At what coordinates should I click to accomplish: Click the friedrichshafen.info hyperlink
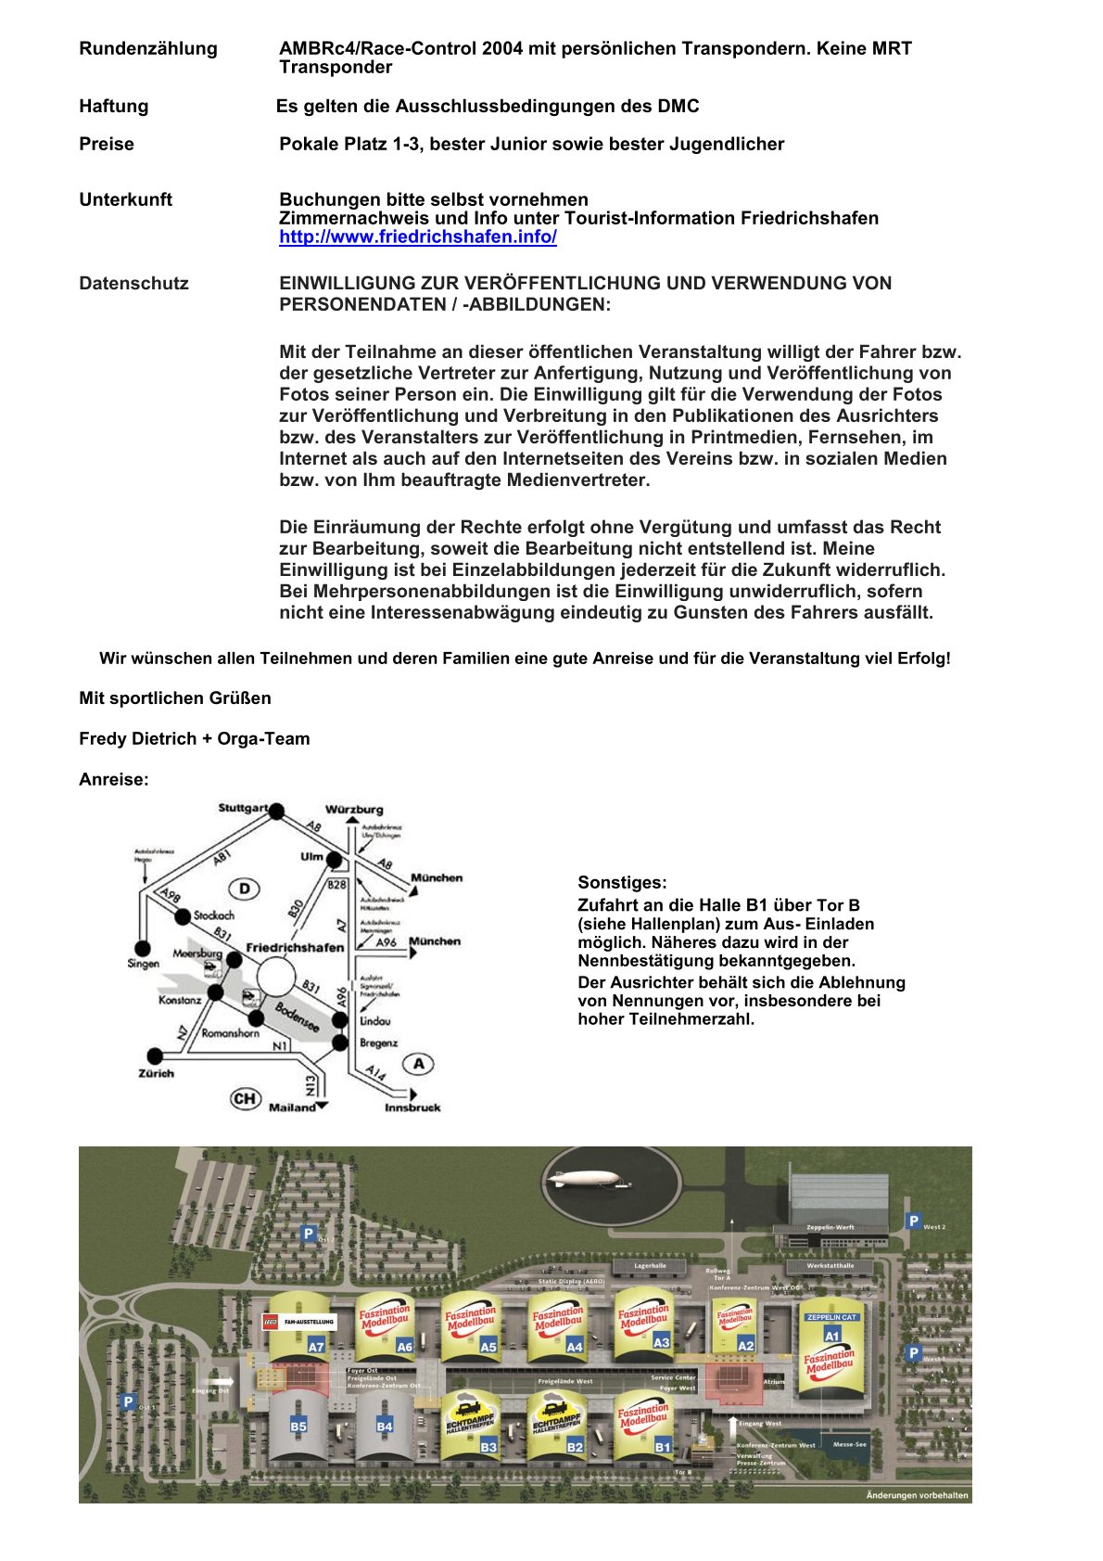(418, 237)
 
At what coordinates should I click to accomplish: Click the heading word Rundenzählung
(148, 49)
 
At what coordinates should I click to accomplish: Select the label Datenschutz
(133, 284)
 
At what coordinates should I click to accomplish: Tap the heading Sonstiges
(622, 883)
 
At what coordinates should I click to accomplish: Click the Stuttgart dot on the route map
(276, 812)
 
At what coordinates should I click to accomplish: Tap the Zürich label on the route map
(157, 1074)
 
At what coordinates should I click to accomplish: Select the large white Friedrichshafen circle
(276, 977)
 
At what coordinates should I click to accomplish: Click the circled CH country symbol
(245, 1099)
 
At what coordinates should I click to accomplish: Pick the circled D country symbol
(245, 889)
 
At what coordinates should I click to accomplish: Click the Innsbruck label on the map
(412, 1108)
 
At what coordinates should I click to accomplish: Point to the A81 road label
(221, 858)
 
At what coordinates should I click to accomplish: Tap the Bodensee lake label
(297, 1017)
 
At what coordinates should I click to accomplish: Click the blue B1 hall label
(663, 1446)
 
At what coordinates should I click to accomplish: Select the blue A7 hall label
(316, 1347)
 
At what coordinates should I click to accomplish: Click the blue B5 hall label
(298, 1427)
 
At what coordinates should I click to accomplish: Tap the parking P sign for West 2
(914, 1222)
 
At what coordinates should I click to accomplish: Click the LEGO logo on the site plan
(272, 1321)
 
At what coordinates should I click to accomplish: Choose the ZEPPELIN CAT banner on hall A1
(831, 1317)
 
